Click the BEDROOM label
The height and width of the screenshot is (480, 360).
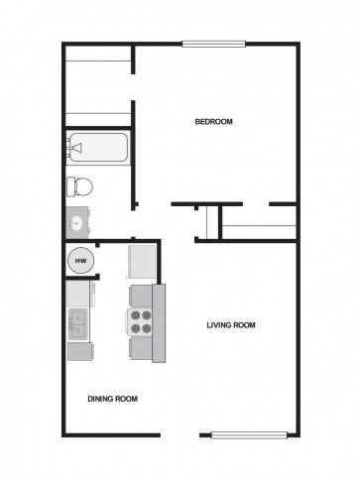[213, 122]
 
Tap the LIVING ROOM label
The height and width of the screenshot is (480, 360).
[232, 325]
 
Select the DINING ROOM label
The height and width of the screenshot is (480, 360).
[112, 399]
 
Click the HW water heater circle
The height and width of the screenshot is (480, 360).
[79, 261]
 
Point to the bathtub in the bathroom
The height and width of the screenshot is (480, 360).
[97, 150]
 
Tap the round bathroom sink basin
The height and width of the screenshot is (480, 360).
[76, 221]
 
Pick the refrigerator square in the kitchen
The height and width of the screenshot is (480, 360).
[141, 263]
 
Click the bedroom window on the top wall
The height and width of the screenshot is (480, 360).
[213, 42]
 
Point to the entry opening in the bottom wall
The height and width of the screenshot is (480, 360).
[180, 433]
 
